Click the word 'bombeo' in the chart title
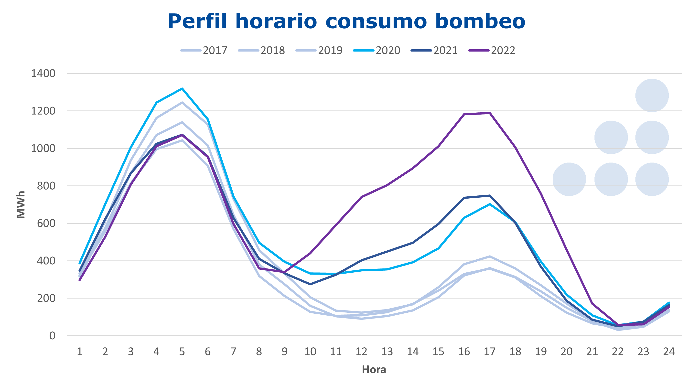[480, 21]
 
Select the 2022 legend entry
[492, 51]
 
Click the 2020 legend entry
[377, 51]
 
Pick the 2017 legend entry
[204, 51]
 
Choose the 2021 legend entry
[434, 51]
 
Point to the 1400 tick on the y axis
[43, 74]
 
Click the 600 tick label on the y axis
[46, 223]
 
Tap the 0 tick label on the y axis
[52, 336]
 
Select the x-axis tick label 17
[490, 352]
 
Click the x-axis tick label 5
[182, 352]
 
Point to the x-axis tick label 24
[669, 352]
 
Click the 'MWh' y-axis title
[21, 204]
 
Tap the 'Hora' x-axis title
[374, 370]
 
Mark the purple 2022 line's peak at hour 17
[490, 113]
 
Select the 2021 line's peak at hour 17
[490, 196]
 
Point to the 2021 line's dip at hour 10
[310, 284]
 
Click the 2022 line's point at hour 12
[361, 197]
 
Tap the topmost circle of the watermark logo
[652, 96]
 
